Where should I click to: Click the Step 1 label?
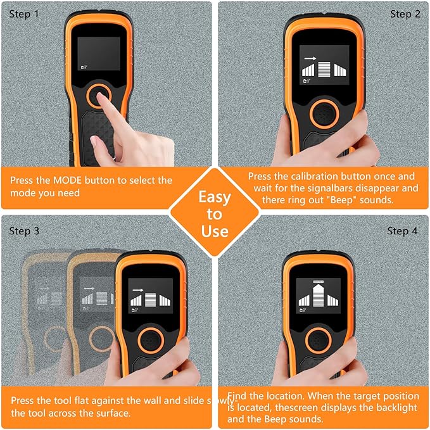pyautogui.click(x=24, y=14)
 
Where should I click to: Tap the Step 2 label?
pyautogui.click(x=405, y=14)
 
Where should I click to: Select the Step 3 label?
pyautogui.click(x=24, y=231)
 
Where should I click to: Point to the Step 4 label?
pyautogui.click(x=402, y=231)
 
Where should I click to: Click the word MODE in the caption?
pyautogui.click(x=68, y=180)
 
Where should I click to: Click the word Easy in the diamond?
pyautogui.click(x=215, y=197)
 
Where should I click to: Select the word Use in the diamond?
pyautogui.click(x=215, y=231)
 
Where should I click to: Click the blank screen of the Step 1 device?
pyautogui.click(x=99, y=53)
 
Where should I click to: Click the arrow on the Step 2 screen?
pyautogui.click(x=310, y=58)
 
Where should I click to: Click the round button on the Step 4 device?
pyautogui.click(x=319, y=340)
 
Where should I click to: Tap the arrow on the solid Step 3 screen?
pyautogui.click(x=138, y=290)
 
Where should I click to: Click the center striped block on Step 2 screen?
pyautogui.click(x=324, y=70)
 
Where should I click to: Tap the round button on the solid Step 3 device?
pyautogui.click(x=151, y=340)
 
